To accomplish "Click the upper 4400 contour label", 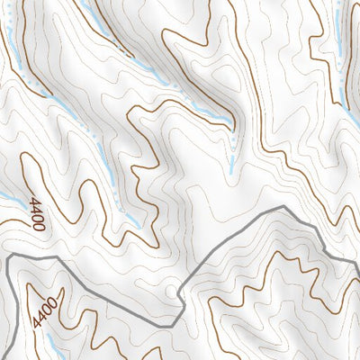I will tap(37, 213).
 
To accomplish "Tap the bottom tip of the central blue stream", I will tap(231, 169).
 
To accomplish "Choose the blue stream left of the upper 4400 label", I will tap(9, 200).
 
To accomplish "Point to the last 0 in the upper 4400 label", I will tap(40, 227).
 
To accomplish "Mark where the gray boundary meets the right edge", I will tap(357, 263).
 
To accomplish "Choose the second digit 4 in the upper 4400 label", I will tap(36, 209).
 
